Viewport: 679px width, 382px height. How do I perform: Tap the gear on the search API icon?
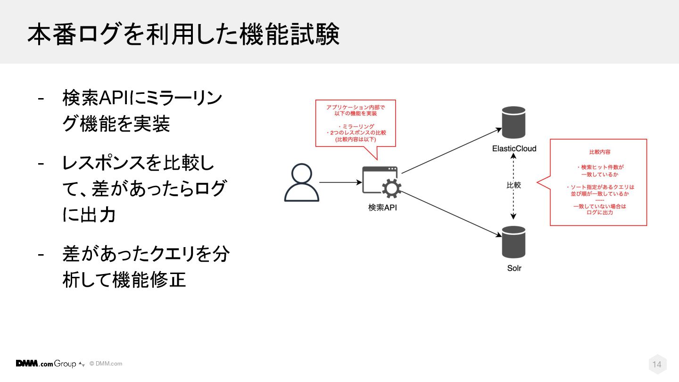(x=391, y=189)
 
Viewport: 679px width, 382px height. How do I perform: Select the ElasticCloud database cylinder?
(x=514, y=122)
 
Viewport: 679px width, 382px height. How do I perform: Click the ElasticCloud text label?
(x=514, y=149)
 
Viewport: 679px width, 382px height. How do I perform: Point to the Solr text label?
(x=514, y=268)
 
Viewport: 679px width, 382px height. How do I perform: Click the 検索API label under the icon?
(x=382, y=207)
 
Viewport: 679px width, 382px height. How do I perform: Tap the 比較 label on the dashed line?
(x=514, y=185)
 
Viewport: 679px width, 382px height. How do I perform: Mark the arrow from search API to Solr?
(x=450, y=212)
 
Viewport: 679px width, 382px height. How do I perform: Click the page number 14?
(x=657, y=365)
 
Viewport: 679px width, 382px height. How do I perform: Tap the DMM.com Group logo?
(x=46, y=364)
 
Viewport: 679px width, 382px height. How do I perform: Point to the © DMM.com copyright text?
(x=106, y=364)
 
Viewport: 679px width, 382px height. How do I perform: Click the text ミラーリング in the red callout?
(x=358, y=126)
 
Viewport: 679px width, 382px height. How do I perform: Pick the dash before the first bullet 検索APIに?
(x=41, y=99)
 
